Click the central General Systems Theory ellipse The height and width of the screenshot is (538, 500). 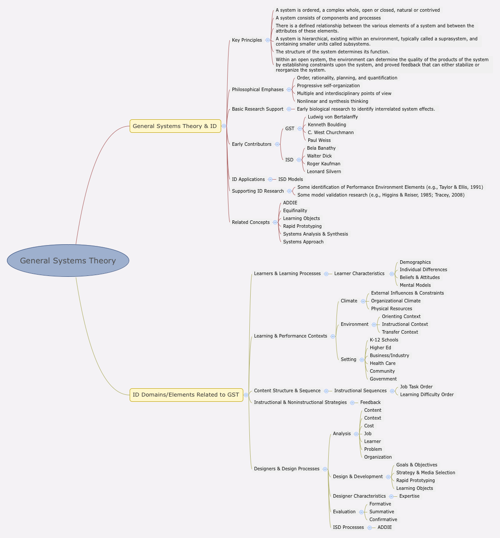tap(68, 260)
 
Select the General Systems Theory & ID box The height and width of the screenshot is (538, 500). tap(175, 126)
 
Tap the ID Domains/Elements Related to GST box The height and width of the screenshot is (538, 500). tap(186, 395)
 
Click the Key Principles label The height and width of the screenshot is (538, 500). tap(247, 40)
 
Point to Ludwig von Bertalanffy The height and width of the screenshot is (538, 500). tap(333, 117)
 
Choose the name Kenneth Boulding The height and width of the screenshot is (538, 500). tap(327, 125)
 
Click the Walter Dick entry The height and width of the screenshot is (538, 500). tap(319, 156)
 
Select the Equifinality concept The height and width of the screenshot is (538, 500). tap(295, 211)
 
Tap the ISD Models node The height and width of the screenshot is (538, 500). tap(291, 180)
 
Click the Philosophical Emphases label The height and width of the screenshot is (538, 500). tap(258, 90)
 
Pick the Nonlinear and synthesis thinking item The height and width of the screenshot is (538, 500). tap(332, 102)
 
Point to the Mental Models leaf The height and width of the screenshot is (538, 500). tap(415, 285)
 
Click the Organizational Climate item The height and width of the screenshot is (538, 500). tap(395, 301)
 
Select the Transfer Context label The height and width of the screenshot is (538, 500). tap(400, 332)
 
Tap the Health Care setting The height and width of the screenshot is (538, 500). tap(382, 364)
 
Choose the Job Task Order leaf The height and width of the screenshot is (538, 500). tap(416, 387)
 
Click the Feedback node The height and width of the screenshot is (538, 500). tap(370, 403)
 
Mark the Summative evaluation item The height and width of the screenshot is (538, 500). tap(382, 512)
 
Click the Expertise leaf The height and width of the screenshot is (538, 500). tap(409, 496)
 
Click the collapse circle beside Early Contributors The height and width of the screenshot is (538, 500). tap(277, 144)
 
